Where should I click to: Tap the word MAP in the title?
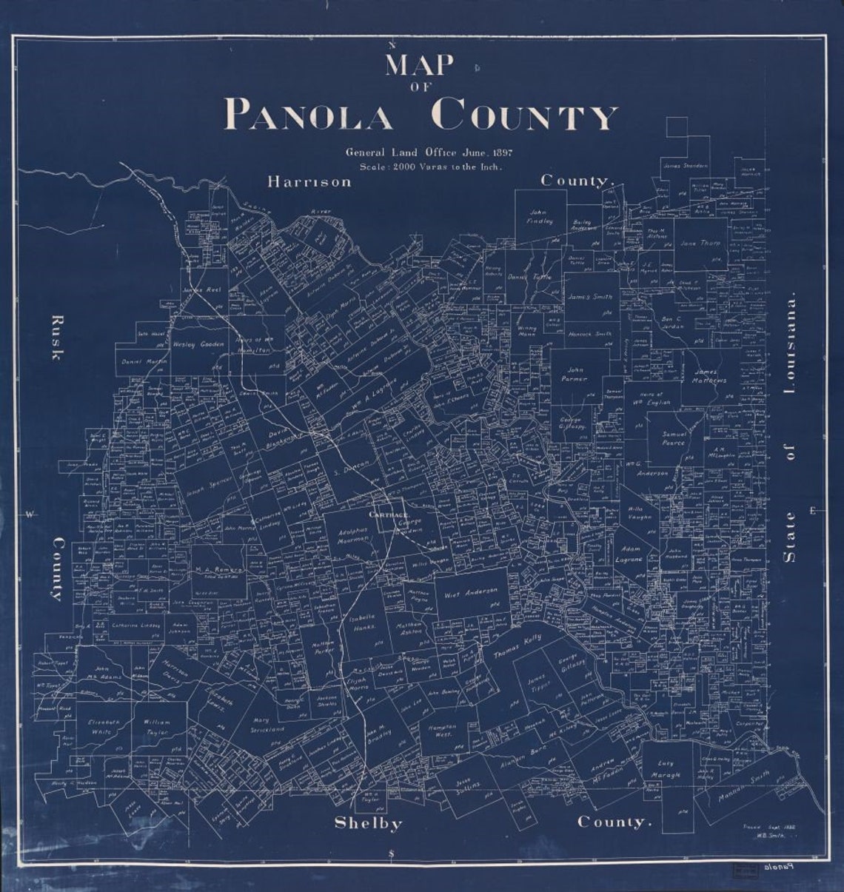pos(418,66)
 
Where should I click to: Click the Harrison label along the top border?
pos(309,181)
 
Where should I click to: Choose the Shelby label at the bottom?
pos(368,823)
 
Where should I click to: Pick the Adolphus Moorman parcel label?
pos(352,535)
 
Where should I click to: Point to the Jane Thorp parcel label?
pos(700,243)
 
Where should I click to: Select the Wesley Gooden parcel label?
pos(198,345)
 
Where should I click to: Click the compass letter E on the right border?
pos(813,512)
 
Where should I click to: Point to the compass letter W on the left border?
pos(30,514)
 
